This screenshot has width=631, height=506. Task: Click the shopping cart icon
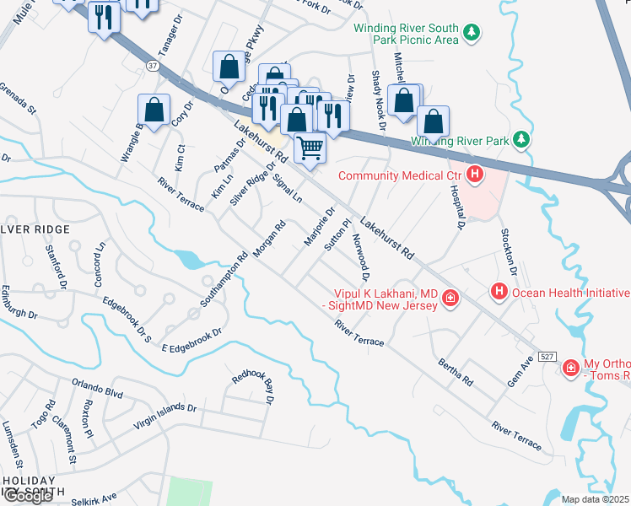(x=310, y=148)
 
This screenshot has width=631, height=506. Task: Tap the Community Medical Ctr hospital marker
(x=475, y=175)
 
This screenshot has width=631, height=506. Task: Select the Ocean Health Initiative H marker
(x=499, y=292)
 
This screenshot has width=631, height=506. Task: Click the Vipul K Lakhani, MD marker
(x=450, y=297)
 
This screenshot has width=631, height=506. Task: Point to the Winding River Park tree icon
(x=522, y=138)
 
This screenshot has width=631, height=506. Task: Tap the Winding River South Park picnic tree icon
(x=472, y=33)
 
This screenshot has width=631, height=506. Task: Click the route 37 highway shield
(x=150, y=64)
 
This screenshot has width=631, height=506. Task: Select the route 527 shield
(x=547, y=358)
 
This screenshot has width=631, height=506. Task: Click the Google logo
(x=28, y=496)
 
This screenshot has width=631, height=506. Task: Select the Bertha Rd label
(x=455, y=370)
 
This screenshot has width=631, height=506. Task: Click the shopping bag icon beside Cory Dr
(x=154, y=110)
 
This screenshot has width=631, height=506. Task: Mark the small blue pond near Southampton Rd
(x=191, y=259)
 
